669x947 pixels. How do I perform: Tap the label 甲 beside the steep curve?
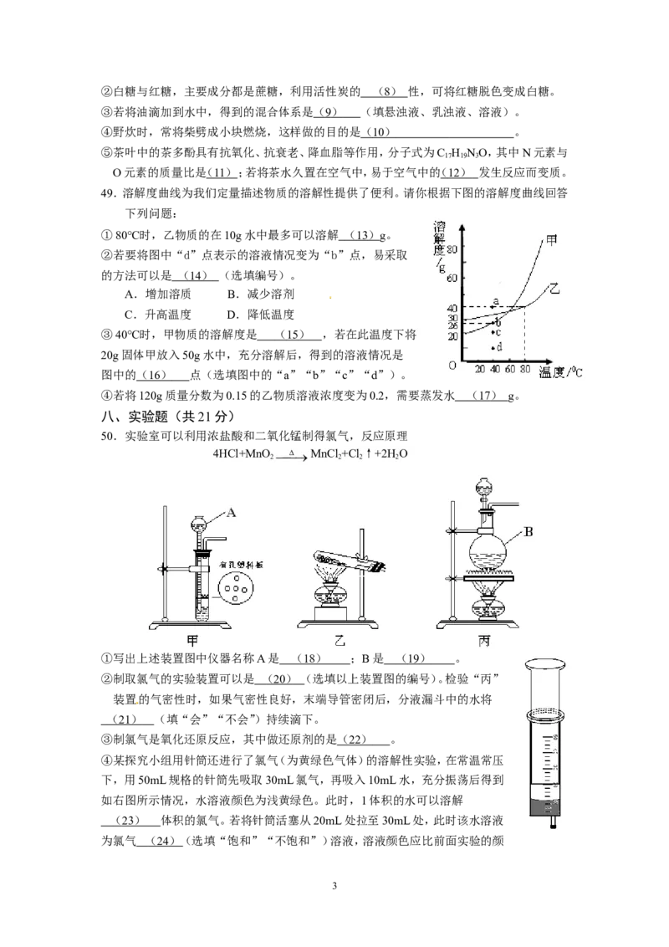point(551,240)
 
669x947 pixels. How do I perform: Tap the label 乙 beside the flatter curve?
point(554,289)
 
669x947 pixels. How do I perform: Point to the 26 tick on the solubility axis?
point(452,326)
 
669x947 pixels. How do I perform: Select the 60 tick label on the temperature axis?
point(510,369)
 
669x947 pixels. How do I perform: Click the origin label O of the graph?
point(452,366)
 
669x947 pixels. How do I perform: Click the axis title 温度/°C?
point(560,372)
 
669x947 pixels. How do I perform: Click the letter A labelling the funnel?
point(231,513)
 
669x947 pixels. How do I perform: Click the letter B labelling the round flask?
point(529,532)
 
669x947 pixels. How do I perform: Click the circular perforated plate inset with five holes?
point(236,587)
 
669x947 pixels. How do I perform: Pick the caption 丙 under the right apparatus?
point(483,641)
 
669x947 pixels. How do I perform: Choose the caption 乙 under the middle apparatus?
point(340,641)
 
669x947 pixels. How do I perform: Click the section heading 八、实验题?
point(134,416)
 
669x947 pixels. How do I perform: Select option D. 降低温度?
point(261,314)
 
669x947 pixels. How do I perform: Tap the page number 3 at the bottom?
point(334,886)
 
